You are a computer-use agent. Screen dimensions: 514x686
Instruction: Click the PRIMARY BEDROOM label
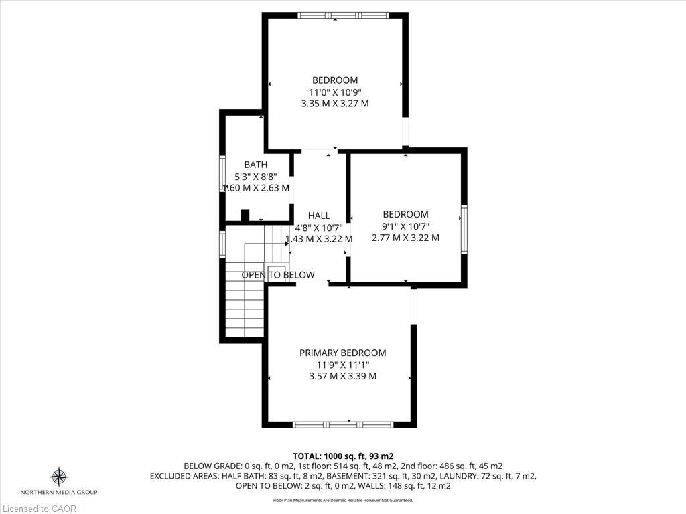point(342,353)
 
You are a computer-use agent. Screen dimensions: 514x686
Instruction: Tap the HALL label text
point(319,216)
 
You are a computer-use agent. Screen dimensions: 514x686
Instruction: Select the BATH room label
point(255,165)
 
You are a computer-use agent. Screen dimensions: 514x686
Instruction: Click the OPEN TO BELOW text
point(278,275)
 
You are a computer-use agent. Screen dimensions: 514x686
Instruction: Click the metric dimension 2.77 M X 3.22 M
point(405,238)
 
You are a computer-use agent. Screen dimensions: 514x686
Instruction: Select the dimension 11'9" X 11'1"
point(342,365)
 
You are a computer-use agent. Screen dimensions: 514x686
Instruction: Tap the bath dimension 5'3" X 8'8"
point(255,177)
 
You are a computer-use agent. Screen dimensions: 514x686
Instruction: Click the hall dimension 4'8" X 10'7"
point(319,227)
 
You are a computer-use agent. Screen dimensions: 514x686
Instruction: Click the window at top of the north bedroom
point(343,15)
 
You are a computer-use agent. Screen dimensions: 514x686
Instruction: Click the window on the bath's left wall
point(223,175)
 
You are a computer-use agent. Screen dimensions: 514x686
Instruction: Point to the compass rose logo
point(59,477)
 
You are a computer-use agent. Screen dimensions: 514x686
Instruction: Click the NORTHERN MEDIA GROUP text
point(59,492)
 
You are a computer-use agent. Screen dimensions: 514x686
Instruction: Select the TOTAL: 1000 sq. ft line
point(342,456)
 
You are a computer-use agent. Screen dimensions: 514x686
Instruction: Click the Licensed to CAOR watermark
point(39,509)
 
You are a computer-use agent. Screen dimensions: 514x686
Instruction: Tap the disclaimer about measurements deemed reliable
point(342,500)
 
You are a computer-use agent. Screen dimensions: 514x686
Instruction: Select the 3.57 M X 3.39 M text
point(342,376)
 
